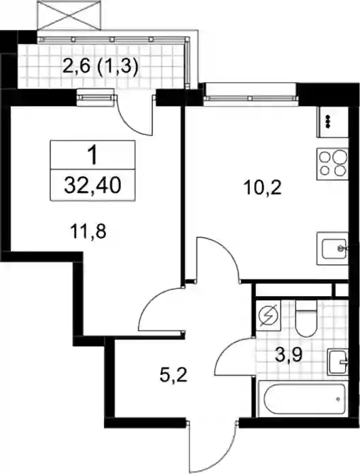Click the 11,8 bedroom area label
tap(88, 232)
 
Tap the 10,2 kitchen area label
tap(262, 187)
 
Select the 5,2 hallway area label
tap(173, 376)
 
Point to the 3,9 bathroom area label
tap(289, 356)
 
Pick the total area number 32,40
tap(92, 185)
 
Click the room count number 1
tap(93, 154)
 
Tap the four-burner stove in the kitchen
tap(333, 164)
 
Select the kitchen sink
tap(333, 249)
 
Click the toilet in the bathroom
tap(306, 318)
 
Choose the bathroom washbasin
tap(338, 361)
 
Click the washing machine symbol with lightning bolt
tap(268, 316)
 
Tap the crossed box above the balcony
tap(68, 15)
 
